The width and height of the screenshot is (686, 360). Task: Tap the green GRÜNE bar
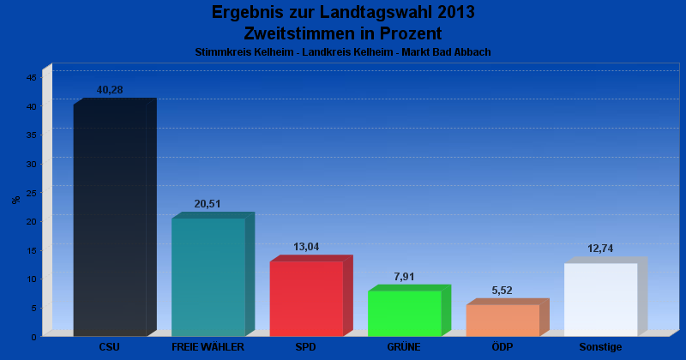pyautogui.click(x=404, y=314)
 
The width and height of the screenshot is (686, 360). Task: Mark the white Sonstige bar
pyautogui.click(x=600, y=299)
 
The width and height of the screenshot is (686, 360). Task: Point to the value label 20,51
pyautogui.click(x=208, y=204)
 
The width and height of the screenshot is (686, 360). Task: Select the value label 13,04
pyautogui.click(x=306, y=247)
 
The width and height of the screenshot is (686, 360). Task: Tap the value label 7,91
pyautogui.click(x=404, y=276)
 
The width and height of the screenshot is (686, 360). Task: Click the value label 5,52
pyautogui.click(x=502, y=291)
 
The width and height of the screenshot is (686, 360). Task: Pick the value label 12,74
pyautogui.click(x=600, y=249)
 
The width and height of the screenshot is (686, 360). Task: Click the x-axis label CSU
pyautogui.click(x=110, y=347)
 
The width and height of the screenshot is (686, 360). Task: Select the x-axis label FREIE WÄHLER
pyautogui.click(x=208, y=347)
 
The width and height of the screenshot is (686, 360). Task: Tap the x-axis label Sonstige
pyautogui.click(x=600, y=347)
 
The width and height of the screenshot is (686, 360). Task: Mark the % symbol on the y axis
pyautogui.click(x=16, y=200)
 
